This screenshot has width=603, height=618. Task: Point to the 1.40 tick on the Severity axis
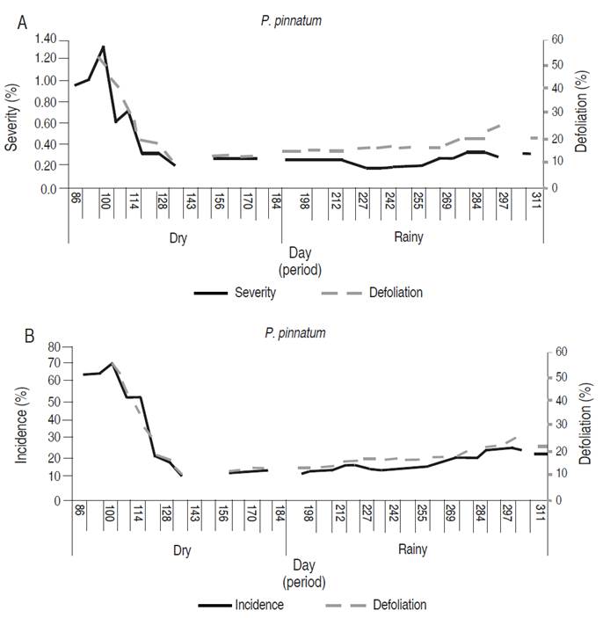coord(44,40)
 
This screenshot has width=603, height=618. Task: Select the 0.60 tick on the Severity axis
coord(44,124)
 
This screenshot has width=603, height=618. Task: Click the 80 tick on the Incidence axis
coord(54,346)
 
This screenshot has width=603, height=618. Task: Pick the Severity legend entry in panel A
coord(255,293)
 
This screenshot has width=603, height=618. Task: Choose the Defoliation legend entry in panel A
coord(391,293)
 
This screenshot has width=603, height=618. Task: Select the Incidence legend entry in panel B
coord(259,605)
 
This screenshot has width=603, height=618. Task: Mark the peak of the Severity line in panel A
coord(103,46)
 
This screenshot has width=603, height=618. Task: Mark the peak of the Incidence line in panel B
coord(112,362)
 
